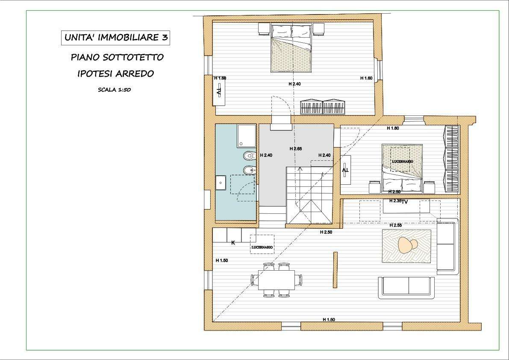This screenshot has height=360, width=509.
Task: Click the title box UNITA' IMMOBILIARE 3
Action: click(115, 38)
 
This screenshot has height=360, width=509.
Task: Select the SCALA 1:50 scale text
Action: click(114, 90)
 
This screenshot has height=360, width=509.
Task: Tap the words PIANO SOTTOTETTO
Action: click(117, 57)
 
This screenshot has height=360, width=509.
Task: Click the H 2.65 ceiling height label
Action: click(296, 149)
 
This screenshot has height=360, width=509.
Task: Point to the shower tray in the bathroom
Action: click(247, 136)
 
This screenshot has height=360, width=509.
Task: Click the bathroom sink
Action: click(221, 183)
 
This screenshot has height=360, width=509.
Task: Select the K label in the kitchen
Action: click(233, 242)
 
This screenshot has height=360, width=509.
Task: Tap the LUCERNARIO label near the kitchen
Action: click(262, 247)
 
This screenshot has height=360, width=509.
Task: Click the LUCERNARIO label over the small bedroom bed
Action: click(403, 161)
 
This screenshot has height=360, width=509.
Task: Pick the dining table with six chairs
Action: click(277, 280)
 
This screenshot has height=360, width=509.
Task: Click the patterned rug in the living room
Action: click(406, 246)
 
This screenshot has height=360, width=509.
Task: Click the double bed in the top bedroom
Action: click(292, 47)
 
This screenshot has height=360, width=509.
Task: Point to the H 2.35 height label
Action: click(395, 201)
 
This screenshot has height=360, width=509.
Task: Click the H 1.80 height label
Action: click(393, 128)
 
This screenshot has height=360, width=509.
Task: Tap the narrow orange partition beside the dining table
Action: click(335, 269)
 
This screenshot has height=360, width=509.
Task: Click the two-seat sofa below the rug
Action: click(406, 288)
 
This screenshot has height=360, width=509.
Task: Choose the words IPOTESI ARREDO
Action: click(115, 74)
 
